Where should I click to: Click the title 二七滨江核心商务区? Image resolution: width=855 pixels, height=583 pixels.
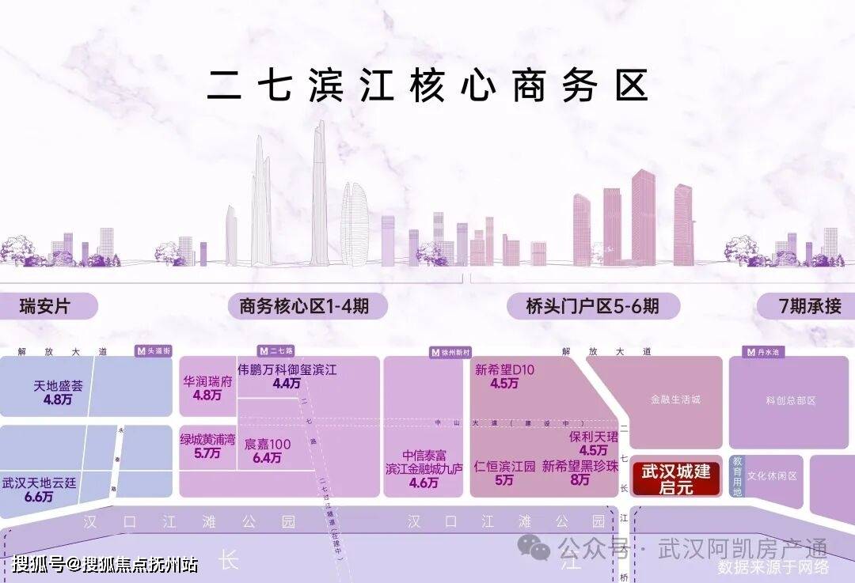[x=427, y=85]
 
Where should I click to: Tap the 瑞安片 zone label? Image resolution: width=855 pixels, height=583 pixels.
[x=45, y=306]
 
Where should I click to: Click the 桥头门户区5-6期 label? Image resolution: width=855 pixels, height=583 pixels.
[x=592, y=306]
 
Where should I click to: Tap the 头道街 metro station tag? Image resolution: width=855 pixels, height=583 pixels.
[x=153, y=350]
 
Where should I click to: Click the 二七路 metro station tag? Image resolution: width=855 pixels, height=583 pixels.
[x=276, y=350]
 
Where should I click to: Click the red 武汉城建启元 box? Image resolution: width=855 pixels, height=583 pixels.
[x=675, y=479]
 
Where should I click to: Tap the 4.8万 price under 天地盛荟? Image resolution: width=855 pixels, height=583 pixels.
[x=58, y=400]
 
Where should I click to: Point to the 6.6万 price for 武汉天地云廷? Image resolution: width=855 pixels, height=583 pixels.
[x=38, y=497]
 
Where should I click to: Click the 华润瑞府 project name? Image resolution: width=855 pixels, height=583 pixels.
[x=207, y=380]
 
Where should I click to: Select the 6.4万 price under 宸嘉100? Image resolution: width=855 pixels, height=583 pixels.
[x=267, y=457]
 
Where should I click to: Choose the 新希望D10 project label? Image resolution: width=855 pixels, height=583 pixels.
[x=505, y=369]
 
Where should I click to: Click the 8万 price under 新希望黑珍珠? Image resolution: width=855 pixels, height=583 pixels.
[x=579, y=480]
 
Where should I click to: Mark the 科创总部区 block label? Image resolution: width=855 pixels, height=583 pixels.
[x=791, y=400]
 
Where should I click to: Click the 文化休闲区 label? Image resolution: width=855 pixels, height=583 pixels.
[x=772, y=476]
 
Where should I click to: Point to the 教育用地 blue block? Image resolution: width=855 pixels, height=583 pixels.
[x=737, y=475]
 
